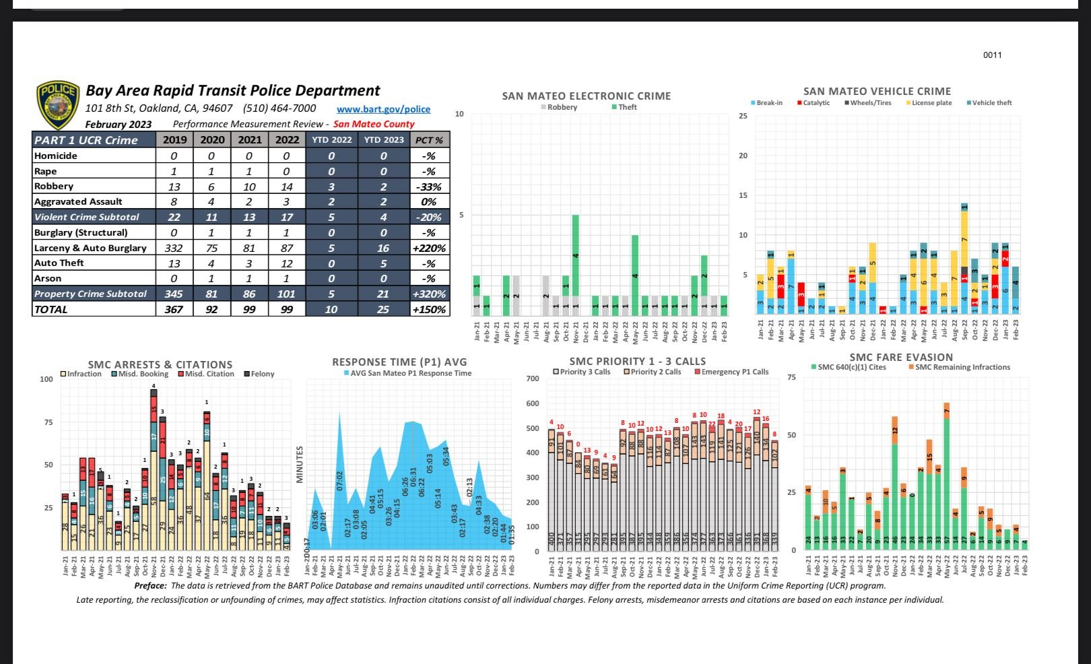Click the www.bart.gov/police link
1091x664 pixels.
383,109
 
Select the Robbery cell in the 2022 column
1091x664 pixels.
287,187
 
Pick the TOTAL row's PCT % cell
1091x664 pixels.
430,310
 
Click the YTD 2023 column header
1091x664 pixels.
384,140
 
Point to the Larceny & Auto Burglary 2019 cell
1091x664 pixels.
174,248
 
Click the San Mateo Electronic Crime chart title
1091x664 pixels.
586,96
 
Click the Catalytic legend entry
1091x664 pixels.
816,103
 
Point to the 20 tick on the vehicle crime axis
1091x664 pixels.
743,156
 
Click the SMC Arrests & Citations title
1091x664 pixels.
160,364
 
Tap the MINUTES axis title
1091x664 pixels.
300,464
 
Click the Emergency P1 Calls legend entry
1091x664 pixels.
734,372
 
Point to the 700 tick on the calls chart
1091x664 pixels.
533,378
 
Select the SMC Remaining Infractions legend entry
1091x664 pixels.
962,367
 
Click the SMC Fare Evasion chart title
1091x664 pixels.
901,358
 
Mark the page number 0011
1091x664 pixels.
992,55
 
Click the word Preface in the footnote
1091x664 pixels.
150,586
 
